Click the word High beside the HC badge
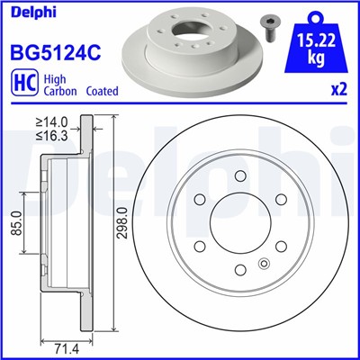tap(56, 79)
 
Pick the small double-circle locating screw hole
tap(264, 263)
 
